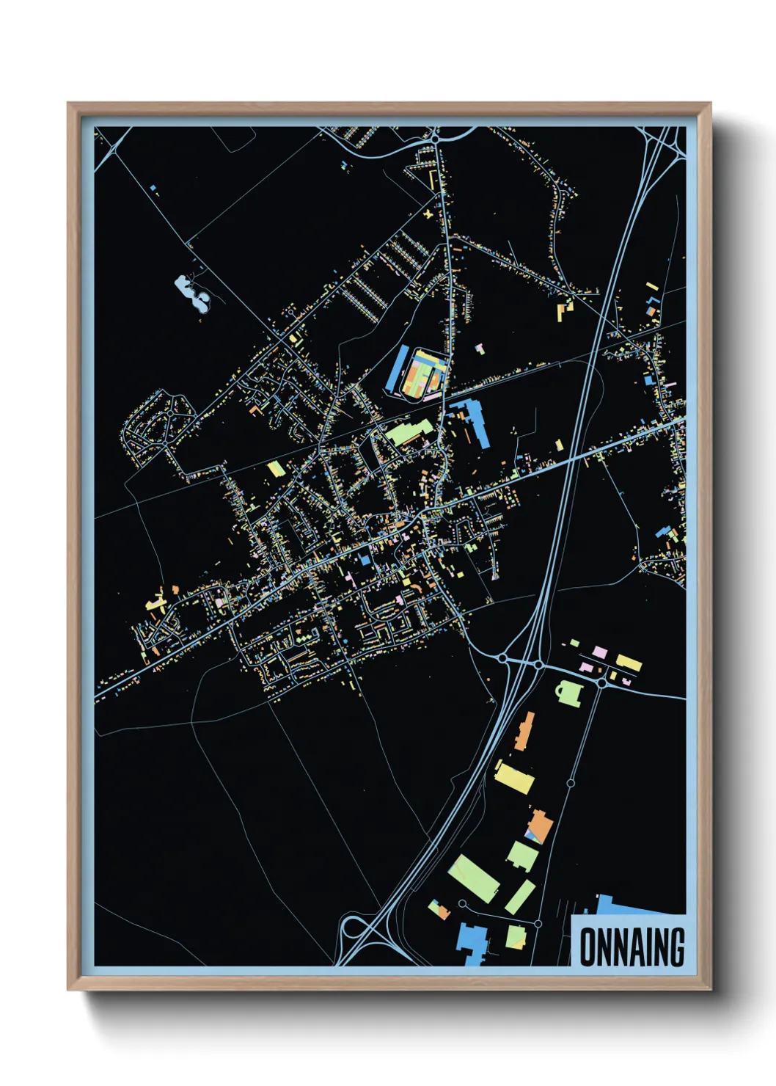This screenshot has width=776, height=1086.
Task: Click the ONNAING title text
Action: [632, 947]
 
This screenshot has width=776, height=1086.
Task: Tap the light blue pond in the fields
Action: [193, 291]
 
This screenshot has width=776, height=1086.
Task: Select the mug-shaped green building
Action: [569, 692]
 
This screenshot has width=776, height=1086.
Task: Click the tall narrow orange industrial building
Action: [524, 731]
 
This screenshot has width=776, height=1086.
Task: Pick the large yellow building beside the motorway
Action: [514, 776]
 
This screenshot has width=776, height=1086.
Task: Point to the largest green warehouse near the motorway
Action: [474, 878]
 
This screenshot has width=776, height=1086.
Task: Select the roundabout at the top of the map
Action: [435, 137]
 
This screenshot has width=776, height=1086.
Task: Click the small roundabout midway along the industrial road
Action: [571, 784]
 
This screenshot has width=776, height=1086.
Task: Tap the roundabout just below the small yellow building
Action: [602, 682]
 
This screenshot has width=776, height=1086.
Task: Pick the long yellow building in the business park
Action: [629, 663]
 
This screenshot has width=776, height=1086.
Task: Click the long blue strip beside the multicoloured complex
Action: [401, 369]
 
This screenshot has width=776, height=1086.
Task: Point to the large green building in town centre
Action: [408, 432]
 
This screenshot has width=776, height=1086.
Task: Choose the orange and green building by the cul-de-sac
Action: [439, 910]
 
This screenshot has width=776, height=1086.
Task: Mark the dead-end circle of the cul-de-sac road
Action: [463, 903]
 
